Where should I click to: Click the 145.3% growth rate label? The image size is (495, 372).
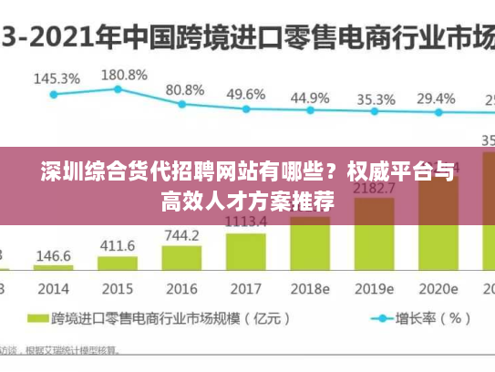[57, 78]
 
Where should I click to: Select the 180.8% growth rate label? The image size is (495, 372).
[123, 74]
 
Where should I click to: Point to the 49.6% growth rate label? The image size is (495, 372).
[246, 94]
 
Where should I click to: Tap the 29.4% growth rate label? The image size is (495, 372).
[436, 98]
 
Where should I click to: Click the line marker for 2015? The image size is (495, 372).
[119, 89]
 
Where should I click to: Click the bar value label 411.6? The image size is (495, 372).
[118, 246]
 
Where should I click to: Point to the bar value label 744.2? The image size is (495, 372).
[181, 235]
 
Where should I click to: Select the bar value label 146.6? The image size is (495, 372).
[54, 256]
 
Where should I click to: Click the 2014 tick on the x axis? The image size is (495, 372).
[54, 289]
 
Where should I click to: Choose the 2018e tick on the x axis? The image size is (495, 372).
[309, 289]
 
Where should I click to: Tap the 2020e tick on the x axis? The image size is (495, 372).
[437, 289]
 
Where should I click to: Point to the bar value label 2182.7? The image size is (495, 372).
[374, 189]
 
